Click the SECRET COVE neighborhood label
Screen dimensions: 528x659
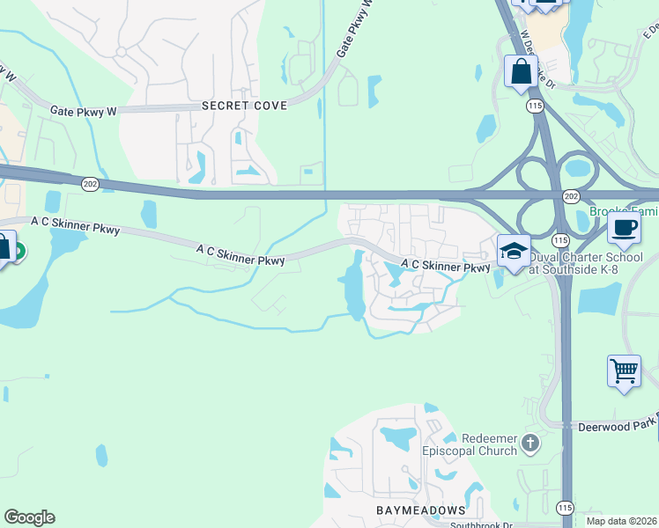[x=244, y=106]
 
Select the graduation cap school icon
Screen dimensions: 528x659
[x=514, y=250]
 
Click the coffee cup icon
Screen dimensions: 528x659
[x=624, y=228]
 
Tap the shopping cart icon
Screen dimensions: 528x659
[x=624, y=370]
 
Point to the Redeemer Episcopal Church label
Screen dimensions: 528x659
[x=479, y=445]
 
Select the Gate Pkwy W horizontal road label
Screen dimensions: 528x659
[x=83, y=111]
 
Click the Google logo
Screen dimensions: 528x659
[x=29, y=517]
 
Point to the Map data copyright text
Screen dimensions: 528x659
[x=620, y=521]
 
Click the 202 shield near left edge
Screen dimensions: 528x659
[x=90, y=183]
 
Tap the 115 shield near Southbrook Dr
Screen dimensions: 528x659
[x=564, y=508]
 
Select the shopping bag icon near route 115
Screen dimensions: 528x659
[x=521, y=70]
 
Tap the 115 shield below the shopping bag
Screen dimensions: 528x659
[x=535, y=105]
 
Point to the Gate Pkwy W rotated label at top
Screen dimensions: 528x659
[x=356, y=30]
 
